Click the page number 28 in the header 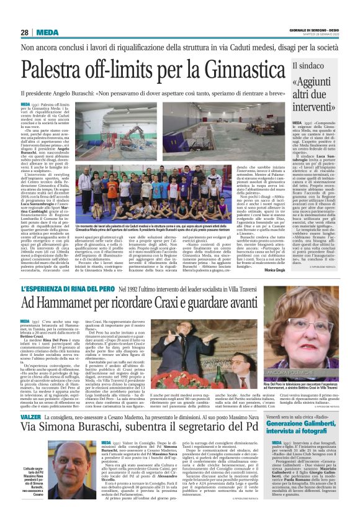click(x=25, y=32)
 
